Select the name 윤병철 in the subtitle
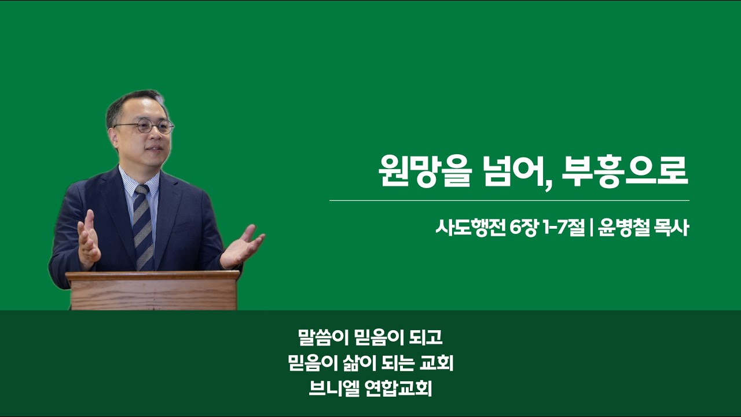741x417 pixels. (624, 228)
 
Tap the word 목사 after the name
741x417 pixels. (672, 228)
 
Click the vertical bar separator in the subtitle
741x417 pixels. (591, 228)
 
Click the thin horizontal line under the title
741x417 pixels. (509, 200)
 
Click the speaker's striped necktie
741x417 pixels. (143, 228)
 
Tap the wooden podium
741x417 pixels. (153, 291)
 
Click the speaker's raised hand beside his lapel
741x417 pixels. (89, 239)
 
